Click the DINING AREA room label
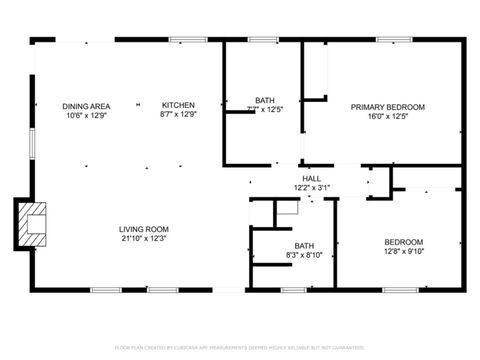(86, 106)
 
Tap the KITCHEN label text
(178, 105)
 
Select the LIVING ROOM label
(144, 229)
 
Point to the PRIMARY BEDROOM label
(387, 106)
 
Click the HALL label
(311, 178)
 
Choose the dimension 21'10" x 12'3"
(144, 239)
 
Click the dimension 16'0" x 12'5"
(387, 116)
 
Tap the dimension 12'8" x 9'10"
(404, 252)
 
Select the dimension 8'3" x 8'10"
(303, 256)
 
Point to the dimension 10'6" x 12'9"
(86, 115)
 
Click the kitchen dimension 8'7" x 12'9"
(178, 115)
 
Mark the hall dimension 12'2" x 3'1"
(311, 187)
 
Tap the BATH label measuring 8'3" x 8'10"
(303, 246)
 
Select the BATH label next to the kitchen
(264, 100)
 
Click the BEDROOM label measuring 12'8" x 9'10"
(404, 242)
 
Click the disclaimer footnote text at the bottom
(240, 346)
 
